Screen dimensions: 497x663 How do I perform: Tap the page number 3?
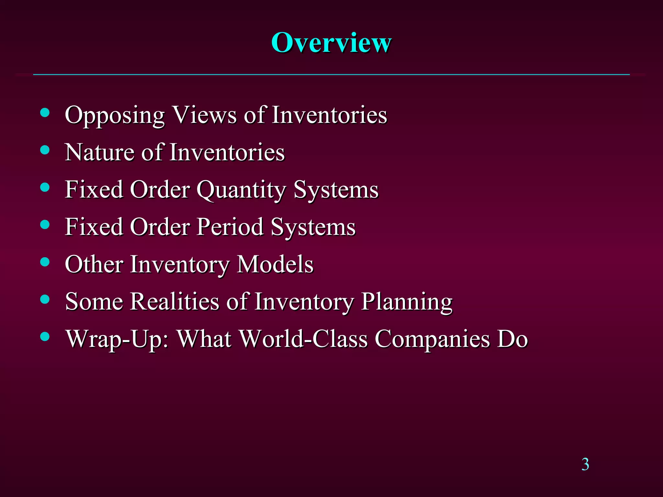[585, 464]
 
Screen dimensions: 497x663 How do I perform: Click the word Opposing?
[115, 116]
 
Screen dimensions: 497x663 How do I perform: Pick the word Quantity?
[241, 190]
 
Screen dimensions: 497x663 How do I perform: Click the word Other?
[94, 264]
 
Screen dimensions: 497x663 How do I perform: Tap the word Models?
[275, 264]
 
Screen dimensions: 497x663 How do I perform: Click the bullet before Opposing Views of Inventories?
[45, 113]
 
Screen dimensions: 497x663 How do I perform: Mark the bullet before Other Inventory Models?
[45, 262]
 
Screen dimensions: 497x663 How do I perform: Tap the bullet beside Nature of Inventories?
[45, 150]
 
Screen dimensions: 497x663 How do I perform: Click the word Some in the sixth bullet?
[94, 302]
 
